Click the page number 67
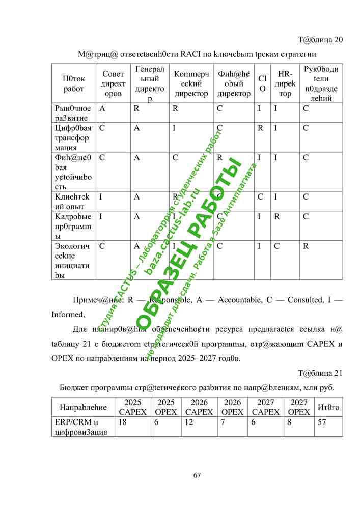[x=197, y=475]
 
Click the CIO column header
[x=262, y=84]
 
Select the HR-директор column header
[x=286, y=84]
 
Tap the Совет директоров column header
[x=113, y=84]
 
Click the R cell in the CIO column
[x=260, y=128]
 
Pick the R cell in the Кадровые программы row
[x=278, y=217]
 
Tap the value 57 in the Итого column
[x=322, y=422]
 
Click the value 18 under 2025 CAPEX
[x=123, y=422]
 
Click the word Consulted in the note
[x=306, y=300]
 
